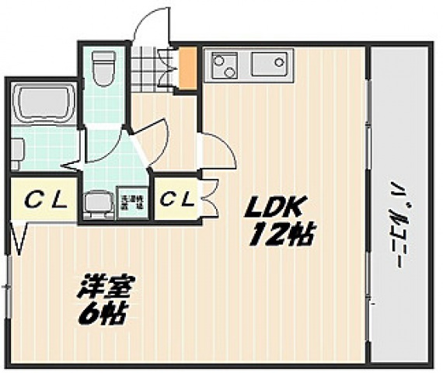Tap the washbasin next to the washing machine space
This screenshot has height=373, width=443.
coord(97,203)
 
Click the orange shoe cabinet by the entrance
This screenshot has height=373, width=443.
coord(187,68)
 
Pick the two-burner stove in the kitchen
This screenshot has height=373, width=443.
coord(225,64)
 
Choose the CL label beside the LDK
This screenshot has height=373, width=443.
coord(176,199)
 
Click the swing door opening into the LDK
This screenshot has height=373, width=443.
coord(218,152)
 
